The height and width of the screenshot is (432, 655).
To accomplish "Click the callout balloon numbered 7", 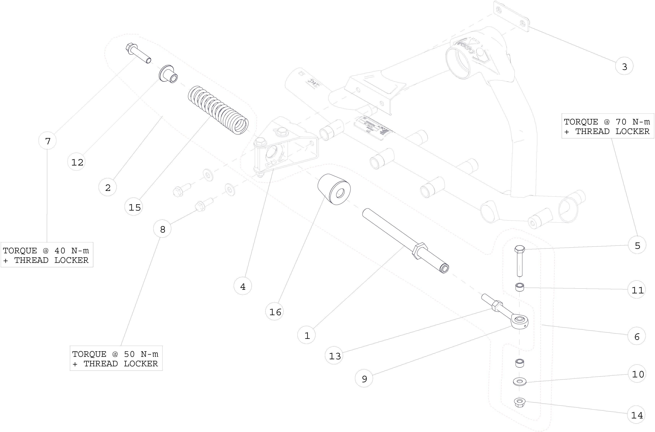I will point(47,141).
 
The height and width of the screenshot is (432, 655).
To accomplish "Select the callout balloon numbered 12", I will point(77,162).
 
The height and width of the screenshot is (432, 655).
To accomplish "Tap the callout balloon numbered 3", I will point(624,66).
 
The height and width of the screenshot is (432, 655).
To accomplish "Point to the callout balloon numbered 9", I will point(364,379).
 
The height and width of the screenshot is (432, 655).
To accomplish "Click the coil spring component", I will point(218,110).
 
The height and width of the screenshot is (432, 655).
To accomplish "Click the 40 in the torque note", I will point(60,251).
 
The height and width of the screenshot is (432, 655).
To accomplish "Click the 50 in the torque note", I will point(130,354).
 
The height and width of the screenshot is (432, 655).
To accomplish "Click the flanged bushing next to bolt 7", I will point(168,74).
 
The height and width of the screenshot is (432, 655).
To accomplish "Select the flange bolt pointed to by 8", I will point(204,205).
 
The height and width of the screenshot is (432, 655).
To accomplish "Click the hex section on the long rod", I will point(420,251).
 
